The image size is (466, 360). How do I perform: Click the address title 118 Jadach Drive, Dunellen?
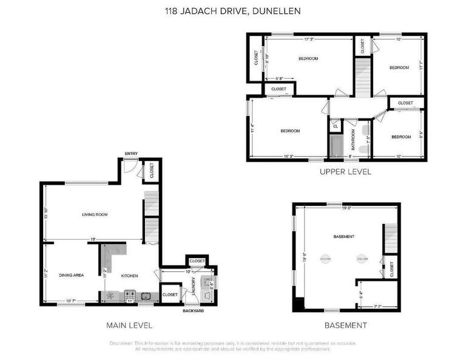(x=233, y=11)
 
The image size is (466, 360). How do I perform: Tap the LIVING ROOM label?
(x=95, y=214)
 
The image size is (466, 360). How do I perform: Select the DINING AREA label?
(x=71, y=275)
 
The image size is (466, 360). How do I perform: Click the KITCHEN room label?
(x=129, y=276)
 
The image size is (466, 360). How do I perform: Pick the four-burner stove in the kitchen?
(x=130, y=296)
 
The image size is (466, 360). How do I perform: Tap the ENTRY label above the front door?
(x=130, y=153)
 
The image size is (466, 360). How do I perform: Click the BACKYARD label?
(x=193, y=311)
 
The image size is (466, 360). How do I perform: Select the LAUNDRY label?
(x=193, y=286)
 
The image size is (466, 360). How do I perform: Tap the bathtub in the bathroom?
(x=336, y=146)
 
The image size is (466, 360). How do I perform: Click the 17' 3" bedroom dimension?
(x=308, y=39)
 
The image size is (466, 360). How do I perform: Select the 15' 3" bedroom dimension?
(x=288, y=157)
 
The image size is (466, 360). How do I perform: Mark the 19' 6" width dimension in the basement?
(x=347, y=208)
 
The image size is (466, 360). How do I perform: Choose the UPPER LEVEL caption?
(x=345, y=172)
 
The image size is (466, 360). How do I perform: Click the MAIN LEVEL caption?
(x=129, y=325)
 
